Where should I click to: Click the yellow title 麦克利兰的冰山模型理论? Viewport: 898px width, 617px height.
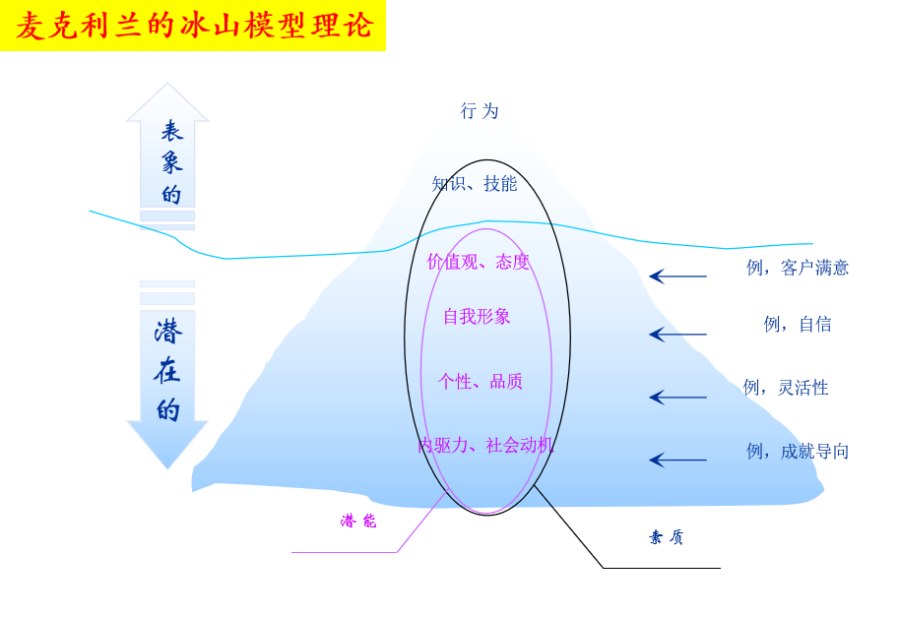point(194,26)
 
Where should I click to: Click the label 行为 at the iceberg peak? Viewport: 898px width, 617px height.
point(481,111)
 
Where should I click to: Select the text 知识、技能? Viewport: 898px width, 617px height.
point(475,184)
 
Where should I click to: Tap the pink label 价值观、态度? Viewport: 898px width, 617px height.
point(479,262)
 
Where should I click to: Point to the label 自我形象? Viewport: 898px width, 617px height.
point(477,317)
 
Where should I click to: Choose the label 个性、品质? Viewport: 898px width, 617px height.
point(481,382)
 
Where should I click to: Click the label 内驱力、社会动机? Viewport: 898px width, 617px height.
point(485,445)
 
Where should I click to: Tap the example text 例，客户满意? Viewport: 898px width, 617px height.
point(798,268)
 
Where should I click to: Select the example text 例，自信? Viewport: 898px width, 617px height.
point(798,324)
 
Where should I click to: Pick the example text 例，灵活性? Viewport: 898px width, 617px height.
point(786,388)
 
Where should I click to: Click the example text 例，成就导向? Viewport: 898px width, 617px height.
point(798,452)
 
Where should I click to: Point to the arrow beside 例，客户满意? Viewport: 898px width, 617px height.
point(677,277)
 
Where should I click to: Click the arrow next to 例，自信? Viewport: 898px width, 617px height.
point(677,335)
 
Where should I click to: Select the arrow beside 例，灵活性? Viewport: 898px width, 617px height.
point(677,398)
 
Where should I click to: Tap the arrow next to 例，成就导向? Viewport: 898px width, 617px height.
point(677,460)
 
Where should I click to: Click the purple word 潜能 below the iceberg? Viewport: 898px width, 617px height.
point(358,522)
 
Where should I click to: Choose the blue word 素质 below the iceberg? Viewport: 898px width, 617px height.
point(667,537)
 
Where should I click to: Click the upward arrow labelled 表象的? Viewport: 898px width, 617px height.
point(167,148)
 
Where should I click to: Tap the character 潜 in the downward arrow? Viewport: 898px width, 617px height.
point(168,332)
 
